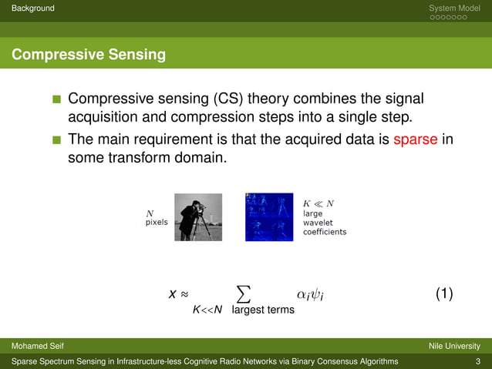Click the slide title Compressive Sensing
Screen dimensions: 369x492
coord(88,55)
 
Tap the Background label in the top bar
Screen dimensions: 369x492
coord(28,8)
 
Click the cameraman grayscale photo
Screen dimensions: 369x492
coord(197,216)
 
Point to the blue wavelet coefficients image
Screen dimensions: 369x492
coord(269,216)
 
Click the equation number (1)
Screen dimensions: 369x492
coord(443,294)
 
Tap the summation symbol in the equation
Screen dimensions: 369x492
coord(243,292)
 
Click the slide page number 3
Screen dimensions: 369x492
coord(478,361)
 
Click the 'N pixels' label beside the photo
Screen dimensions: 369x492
coord(157,217)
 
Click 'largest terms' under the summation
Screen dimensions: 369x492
coord(263,310)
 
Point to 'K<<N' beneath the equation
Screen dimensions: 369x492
coord(207,310)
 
